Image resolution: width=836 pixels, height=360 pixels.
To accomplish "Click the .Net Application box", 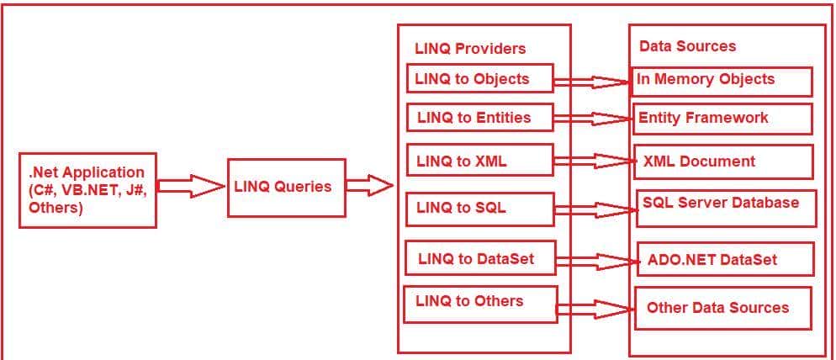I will point(87,190).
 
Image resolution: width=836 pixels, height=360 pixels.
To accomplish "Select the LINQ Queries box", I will point(286,188).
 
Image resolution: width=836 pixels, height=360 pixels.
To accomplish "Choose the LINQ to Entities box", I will point(480,118).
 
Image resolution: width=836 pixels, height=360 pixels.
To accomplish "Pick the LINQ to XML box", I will point(480,161).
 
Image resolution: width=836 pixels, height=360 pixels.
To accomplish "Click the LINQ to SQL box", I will point(480,208).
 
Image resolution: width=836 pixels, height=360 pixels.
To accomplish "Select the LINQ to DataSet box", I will point(480,258).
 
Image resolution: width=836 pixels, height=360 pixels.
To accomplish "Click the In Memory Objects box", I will point(722,81).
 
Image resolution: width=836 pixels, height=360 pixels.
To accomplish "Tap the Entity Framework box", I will point(722,119).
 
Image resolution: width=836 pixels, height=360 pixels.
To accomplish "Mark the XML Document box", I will point(722,161).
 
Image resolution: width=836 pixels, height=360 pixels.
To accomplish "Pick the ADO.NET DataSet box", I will point(725,259).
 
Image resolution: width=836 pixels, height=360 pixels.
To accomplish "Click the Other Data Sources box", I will point(722,309).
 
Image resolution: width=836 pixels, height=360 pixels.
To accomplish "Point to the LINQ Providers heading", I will point(470,49).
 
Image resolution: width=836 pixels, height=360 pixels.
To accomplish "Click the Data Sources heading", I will point(687,46).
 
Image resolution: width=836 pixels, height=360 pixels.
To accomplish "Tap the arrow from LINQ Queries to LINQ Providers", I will point(369,186).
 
